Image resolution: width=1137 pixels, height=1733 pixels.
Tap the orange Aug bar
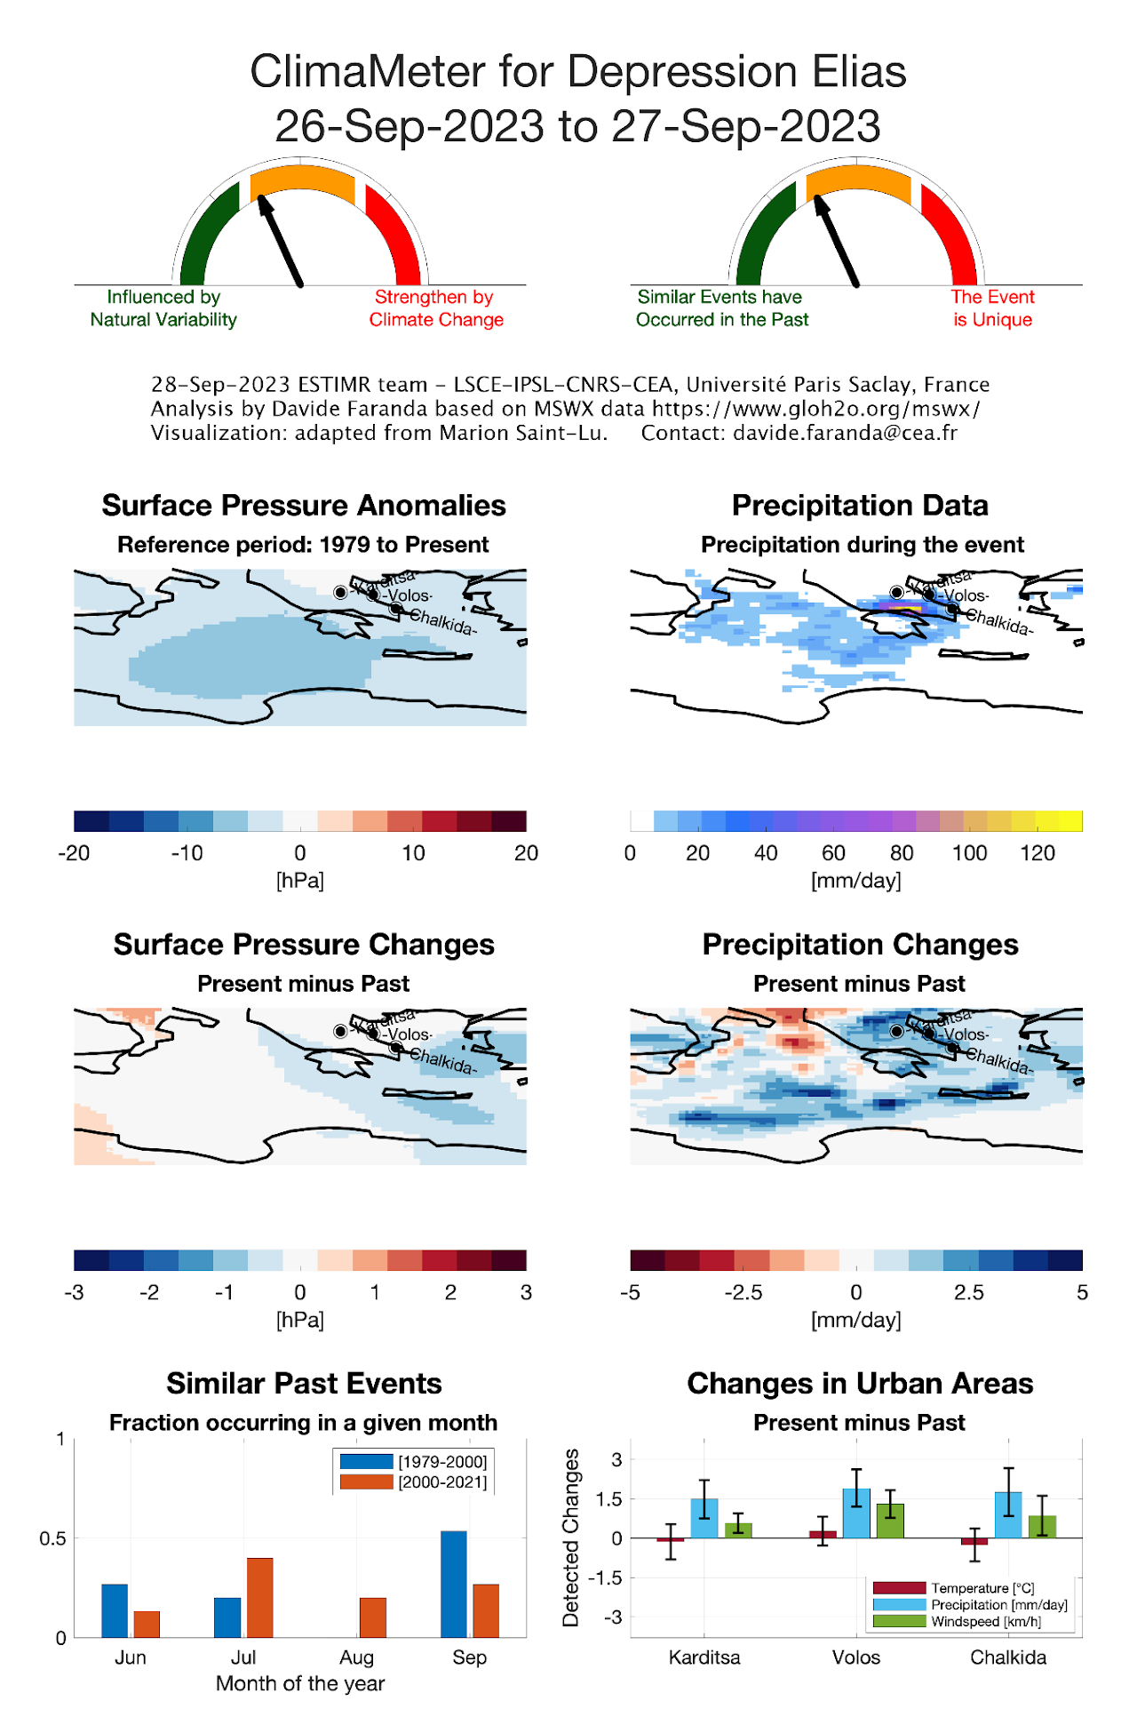coord(373,1617)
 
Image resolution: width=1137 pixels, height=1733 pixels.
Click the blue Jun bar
coord(115,1610)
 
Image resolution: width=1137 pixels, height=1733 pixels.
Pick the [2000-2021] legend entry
coord(414,1482)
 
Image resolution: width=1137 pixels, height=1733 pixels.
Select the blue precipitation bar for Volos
coord(856,1513)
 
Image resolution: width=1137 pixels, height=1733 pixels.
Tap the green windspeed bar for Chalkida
coord(1042,1527)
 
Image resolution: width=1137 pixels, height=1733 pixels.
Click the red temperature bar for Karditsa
coord(671,1539)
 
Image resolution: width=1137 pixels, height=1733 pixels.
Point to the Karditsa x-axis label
coord(704,1657)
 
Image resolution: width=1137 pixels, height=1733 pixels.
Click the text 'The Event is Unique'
coord(992,308)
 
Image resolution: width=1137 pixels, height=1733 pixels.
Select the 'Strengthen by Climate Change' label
coord(436,308)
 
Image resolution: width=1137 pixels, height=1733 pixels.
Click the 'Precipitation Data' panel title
coord(860,506)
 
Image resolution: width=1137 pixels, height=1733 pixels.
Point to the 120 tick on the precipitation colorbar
coord(1037,853)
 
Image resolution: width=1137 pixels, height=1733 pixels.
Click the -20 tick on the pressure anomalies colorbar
coord(74,853)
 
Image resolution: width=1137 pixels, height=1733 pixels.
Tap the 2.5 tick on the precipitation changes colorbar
coord(968,1292)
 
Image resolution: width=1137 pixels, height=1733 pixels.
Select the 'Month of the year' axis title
coord(300,1683)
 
